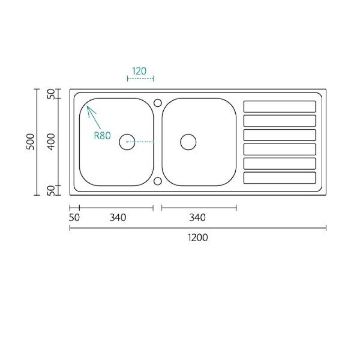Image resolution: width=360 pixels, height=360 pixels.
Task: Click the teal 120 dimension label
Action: (139, 71)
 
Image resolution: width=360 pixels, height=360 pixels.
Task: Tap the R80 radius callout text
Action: (102, 136)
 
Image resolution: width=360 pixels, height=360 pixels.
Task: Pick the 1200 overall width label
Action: (198, 238)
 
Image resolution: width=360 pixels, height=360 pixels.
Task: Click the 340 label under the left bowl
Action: (118, 218)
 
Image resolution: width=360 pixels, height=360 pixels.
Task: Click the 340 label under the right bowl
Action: (197, 218)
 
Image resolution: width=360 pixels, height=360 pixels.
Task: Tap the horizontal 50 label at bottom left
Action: (75, 218)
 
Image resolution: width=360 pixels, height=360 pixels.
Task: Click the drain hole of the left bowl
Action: (127, 142)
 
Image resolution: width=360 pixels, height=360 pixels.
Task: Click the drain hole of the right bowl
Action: (188, 142)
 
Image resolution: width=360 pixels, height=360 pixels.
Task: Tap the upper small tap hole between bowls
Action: (157, 103)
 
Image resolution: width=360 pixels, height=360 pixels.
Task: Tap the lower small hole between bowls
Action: (157, 181)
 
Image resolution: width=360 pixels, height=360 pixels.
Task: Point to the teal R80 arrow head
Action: (89, 108)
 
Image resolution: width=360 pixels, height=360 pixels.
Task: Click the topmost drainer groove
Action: (279, 107)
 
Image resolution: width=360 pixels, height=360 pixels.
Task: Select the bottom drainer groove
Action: (279, 178)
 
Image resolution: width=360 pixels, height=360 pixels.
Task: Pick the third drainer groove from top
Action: (279, 135)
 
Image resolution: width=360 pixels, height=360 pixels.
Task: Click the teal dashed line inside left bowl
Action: (141, 142)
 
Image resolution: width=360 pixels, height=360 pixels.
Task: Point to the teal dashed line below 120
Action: (140, 79)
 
